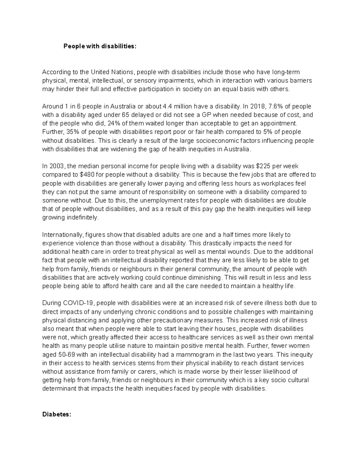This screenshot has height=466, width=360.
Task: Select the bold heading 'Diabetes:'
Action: tap(57, 414)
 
